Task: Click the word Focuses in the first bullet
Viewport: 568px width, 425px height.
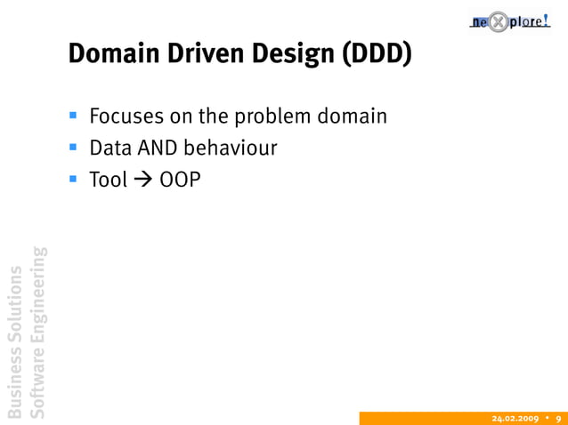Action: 123,116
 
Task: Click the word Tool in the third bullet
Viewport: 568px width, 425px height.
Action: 108,180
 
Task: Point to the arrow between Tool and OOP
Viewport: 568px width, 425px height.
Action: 143,180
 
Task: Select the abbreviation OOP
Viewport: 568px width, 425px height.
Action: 180,180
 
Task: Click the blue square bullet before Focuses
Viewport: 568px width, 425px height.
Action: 75,116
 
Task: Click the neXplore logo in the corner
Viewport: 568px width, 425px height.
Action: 514,20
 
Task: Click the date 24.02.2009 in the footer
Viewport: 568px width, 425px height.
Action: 515,418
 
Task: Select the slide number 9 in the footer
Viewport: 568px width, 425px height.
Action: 557,418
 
